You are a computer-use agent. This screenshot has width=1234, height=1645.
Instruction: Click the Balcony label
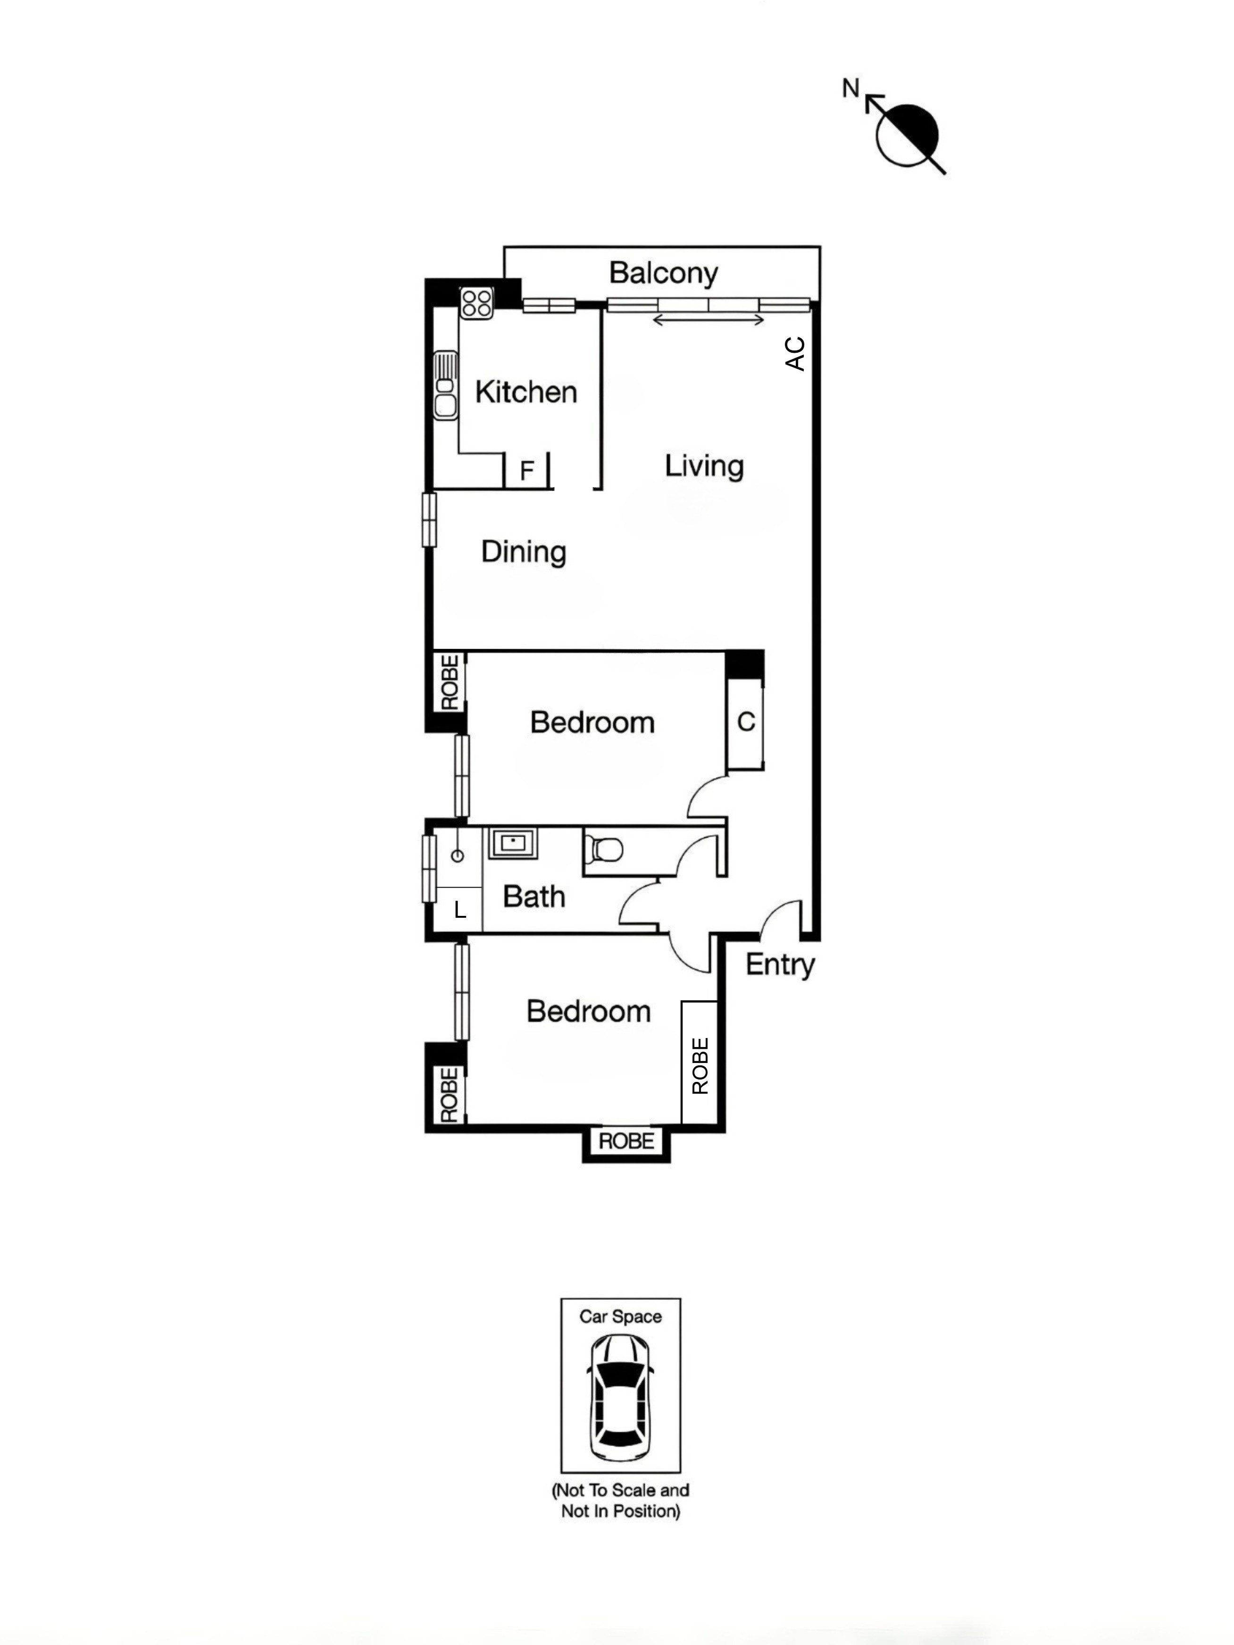663,273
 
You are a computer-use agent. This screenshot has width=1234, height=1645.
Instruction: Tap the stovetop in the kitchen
476,303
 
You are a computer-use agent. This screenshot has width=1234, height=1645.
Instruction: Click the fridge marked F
526,471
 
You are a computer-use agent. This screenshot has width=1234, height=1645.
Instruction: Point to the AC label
795,354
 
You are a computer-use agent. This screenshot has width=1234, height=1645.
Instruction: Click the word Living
704,466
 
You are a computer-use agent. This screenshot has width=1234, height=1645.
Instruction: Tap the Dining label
524,552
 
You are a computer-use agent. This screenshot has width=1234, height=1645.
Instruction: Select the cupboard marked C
745,722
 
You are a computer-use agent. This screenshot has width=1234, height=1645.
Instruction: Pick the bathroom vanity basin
512,843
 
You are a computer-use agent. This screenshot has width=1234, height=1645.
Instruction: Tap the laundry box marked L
459,909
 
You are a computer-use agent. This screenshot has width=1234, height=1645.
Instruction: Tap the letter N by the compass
850,89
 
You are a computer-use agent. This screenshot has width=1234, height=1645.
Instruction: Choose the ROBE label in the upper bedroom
449,682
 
